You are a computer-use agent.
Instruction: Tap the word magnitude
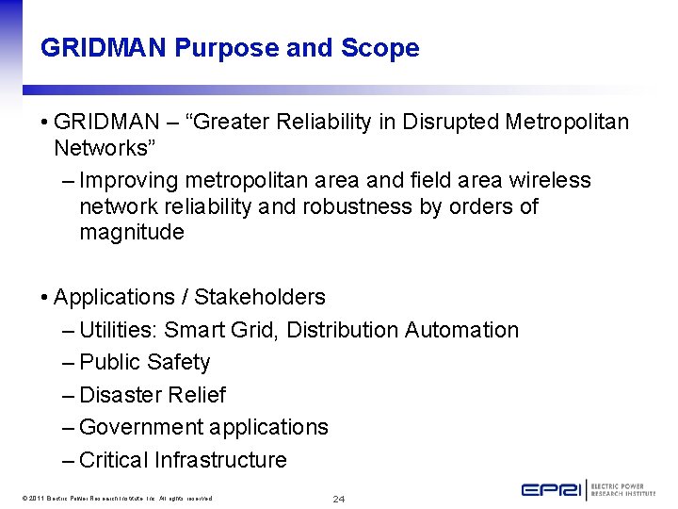pyautogui.click(x=132, y=232)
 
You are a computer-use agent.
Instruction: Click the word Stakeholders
pyautogui.click(x=259, y=297)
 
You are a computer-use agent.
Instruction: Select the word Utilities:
pyautogui.click(x=119, y=330)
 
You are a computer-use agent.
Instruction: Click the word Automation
pyautogui.click(x=461, y=330)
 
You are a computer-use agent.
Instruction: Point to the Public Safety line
pyautogui.click(x=144, y=362)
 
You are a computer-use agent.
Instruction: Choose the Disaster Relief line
pyautogui.click(x=152, y=395)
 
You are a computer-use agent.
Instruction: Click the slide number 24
pyautogui.click(x=339, y=498)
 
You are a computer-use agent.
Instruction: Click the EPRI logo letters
pyautogui.click(x=552, y=489)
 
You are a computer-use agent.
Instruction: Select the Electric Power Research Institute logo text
pyautogui.click(x=624, y=490)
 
